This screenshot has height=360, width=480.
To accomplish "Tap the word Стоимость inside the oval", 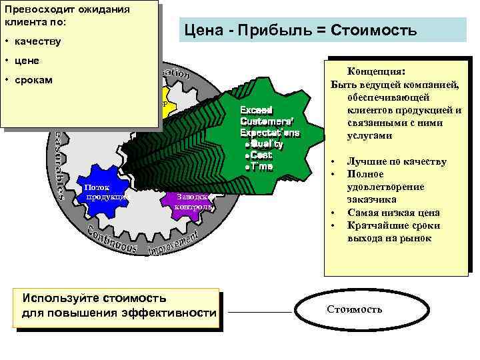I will click(x=354, y=309).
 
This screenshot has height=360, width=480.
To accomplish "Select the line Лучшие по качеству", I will click(x=397, y=161).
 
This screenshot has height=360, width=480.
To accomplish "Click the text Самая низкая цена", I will click(x=393, y=213).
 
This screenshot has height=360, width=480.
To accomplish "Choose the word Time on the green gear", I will click(x=261, y=166).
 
